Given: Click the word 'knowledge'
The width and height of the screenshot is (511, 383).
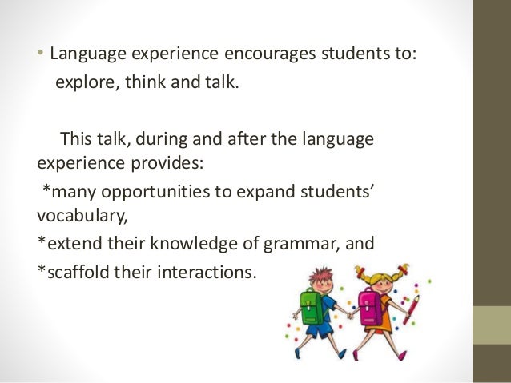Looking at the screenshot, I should tap(188, 243).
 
